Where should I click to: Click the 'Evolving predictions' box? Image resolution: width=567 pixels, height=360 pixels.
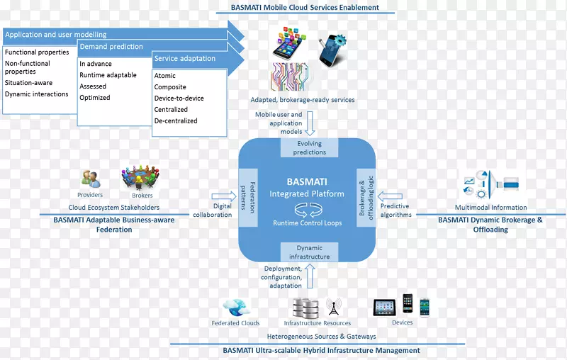310,147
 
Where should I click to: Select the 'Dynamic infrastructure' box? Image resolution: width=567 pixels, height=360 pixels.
309,252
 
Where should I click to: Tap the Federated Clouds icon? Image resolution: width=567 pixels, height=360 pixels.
236,308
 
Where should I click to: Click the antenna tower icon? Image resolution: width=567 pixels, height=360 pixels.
333,307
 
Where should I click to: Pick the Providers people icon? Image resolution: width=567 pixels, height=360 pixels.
90,179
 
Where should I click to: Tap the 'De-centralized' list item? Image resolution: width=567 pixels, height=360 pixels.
176,120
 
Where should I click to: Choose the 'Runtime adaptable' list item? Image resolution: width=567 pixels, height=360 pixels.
108,75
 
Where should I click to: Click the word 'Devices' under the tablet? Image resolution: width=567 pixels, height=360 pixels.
402,322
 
